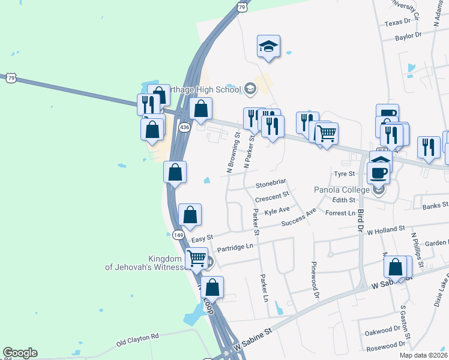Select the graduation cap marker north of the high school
[268, 47]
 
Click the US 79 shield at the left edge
[10, 78]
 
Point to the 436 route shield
[184, 127]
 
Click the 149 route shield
[178, 235]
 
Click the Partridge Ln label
[236, 247]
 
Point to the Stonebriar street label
[271, 182]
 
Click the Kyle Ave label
[277, 210]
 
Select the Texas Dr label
[397, 22]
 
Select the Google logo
[20, 353]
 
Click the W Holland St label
[386, 230]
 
